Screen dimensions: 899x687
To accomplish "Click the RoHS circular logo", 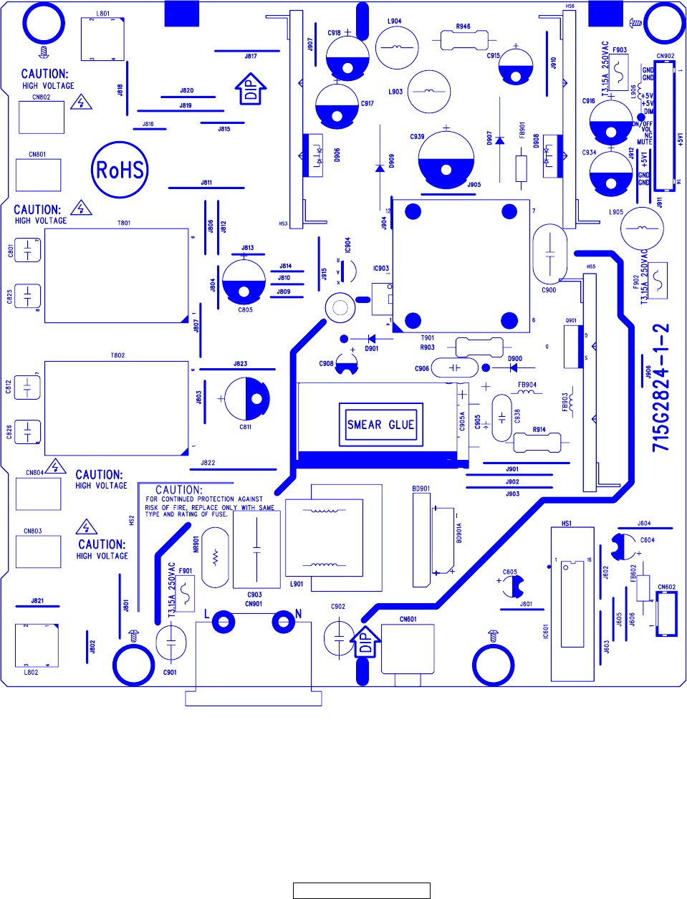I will (120, 170).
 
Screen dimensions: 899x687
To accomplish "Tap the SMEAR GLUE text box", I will (380, 425).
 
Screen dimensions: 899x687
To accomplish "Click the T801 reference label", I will (124, 223).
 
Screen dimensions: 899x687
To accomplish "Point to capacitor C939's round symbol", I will (446, 159).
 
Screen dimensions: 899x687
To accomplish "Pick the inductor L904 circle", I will (396, 48).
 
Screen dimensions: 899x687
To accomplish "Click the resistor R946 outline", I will (463, 40).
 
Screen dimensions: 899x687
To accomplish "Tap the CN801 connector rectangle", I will (39, 175).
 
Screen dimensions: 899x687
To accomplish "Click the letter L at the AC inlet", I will (207, 614).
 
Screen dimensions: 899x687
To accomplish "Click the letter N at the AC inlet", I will (298, 614).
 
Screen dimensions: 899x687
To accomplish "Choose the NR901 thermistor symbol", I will (215, 557).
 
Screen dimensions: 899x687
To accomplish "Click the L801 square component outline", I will (103, 39).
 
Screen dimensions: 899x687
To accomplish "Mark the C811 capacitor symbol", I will (246, 399).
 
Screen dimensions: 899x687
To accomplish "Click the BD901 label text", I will (421, 489).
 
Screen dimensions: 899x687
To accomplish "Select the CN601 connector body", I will (408, 649).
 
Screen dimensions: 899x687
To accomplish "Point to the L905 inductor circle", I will (642, 229).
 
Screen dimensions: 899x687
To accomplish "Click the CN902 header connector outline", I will (665, 125).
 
